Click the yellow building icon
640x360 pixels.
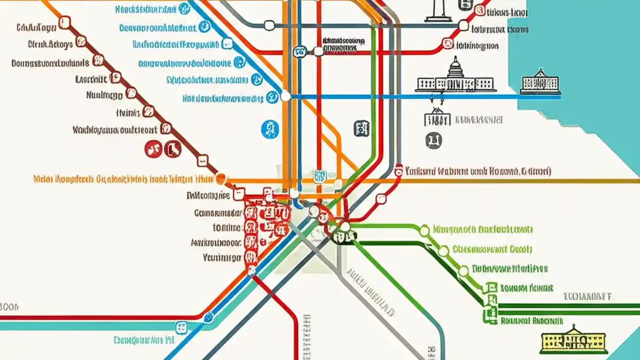(573, 341)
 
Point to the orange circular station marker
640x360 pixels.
(220, 178)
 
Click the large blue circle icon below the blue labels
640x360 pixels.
(270, 129)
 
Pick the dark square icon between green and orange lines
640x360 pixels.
(361, 128)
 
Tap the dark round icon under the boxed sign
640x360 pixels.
(433, 140)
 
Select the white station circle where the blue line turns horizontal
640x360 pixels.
(285, 95)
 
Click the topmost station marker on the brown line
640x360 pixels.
(64, 22)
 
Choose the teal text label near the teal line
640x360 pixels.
(143, 340)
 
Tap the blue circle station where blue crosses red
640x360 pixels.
(208, 317)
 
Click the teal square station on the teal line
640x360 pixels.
(180, 328)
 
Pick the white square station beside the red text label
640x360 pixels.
(398, 171)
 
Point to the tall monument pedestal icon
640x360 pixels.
(438, 11)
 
